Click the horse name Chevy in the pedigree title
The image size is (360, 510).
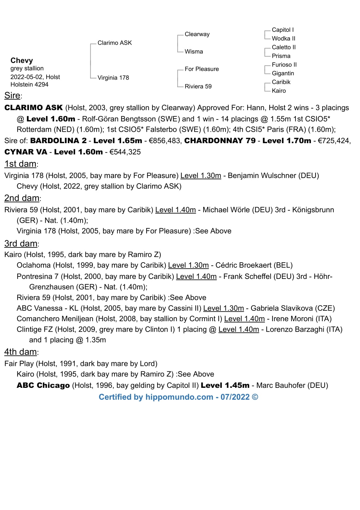point(22,60)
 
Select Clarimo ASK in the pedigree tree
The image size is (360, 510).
point(114,43)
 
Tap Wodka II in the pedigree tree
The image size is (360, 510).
point(283,39)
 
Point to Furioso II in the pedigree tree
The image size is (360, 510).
point(284,64)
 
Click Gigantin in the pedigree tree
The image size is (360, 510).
point(283,73)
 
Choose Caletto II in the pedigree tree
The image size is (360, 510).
point(283,47)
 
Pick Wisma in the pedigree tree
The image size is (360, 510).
point(194,52)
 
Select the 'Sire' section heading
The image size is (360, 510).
point(12,96)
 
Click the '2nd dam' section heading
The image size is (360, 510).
point(22,198)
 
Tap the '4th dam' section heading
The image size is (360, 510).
point(21,352)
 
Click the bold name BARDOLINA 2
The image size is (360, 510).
point(58,141)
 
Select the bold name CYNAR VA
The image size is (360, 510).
point(26,152)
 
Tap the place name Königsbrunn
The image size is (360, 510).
point(313,210)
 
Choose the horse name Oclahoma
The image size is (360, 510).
point(34,265)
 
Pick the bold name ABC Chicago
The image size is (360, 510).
point(43,385)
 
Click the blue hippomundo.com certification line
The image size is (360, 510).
point(178,397)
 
